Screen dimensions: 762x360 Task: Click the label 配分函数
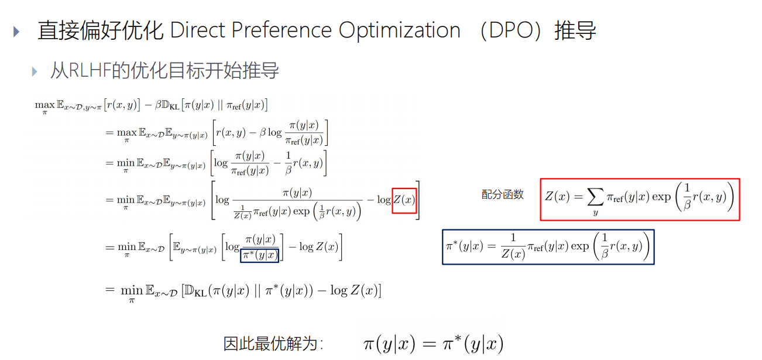[502, 195]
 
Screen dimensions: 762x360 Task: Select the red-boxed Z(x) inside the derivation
[404, 200]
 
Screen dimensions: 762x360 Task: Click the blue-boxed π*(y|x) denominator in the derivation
[259, 255]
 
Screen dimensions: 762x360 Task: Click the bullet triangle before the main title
[16, 31]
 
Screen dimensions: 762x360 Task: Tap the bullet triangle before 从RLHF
[35, 71]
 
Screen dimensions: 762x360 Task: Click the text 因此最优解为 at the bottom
[273, 344]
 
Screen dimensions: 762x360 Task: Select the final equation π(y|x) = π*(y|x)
[433, 344]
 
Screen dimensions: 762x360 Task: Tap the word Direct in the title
[196, 30]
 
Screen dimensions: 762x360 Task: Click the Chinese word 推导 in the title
[576, 30]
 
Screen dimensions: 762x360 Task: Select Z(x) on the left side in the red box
[557, 197]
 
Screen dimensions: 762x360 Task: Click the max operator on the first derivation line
[44, 105]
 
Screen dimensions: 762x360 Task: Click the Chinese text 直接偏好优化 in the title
[100, 30]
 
